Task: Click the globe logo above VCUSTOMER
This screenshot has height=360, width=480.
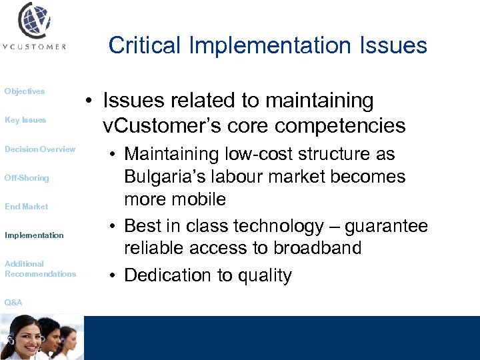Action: coord(35,21)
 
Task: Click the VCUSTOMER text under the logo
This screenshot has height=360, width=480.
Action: coord(34,47)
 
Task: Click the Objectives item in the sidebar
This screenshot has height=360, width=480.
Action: coord(25,91)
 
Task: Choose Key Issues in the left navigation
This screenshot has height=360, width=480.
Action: coord(25,120)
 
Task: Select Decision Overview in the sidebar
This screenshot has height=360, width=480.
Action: coord(40,149)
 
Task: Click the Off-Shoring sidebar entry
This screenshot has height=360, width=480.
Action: coord(27,178)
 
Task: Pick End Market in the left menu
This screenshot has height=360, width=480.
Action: coord(27,207)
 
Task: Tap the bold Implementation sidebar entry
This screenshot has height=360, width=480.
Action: coord(34,235)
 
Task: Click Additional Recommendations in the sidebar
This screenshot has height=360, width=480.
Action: coord(40,269)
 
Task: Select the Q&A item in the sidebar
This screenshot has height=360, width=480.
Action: coord(13,303)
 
